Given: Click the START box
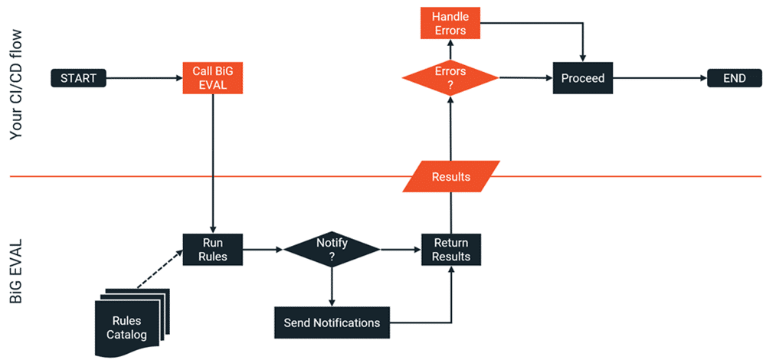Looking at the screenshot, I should click(x=78, y=77).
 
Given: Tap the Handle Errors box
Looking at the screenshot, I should click(x=450, y=23).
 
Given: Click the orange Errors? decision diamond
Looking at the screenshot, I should click(x=450, y=77).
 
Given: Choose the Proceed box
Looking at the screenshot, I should click(x=583, y=77).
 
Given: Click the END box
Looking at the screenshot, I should click(x=734, y=77).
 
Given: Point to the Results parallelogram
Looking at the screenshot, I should click(x=451, y=176).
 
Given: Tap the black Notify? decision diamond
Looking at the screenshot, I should click(x=332, y=250).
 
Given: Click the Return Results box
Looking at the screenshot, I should click(x=451, y=250).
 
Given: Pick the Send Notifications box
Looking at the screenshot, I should click(x=332, y=322).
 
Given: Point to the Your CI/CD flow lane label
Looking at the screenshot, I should click(x=18, y=84).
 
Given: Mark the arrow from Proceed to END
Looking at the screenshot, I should click(x=659, y=77).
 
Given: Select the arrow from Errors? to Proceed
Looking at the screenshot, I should click(x=525, y=77).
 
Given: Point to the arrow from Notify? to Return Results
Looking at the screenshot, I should click(x=400, y=250).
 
